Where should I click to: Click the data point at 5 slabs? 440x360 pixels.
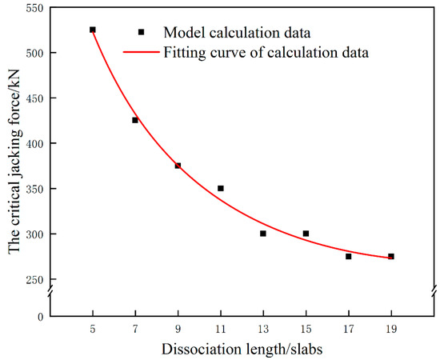click(93, 30)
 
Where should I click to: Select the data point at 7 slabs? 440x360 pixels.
click(135, 120)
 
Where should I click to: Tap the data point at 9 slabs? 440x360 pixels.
click(178, 166)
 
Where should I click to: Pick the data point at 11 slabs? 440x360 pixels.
click(221, 188)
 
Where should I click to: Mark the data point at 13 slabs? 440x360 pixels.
click(263, 234)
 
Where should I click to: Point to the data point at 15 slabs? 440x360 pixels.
click(306, 234)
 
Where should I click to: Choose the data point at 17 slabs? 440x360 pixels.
click(349, 256)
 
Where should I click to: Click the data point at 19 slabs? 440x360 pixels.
click(391, 256)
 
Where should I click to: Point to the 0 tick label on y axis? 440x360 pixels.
click(41, 317)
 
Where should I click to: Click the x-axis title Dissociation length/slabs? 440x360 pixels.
click(242, 349)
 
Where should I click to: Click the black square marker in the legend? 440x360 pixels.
click(142, 32)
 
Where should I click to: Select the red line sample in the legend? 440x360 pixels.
click(142, 53)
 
